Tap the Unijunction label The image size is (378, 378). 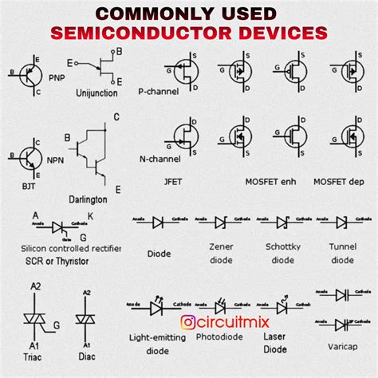[96, 93]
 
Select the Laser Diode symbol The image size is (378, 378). [282, 305]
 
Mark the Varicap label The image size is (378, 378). [341, 347]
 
